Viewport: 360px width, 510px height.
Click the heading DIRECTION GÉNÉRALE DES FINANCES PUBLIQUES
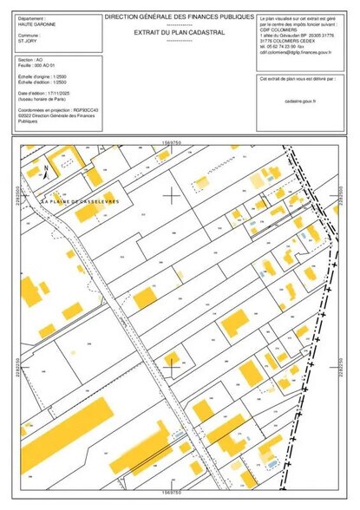(180, 17)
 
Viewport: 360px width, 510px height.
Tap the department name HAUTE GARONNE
(37, 24)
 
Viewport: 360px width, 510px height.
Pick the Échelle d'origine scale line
(43, 76)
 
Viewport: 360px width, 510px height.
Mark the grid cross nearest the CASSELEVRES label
(173, 195)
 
